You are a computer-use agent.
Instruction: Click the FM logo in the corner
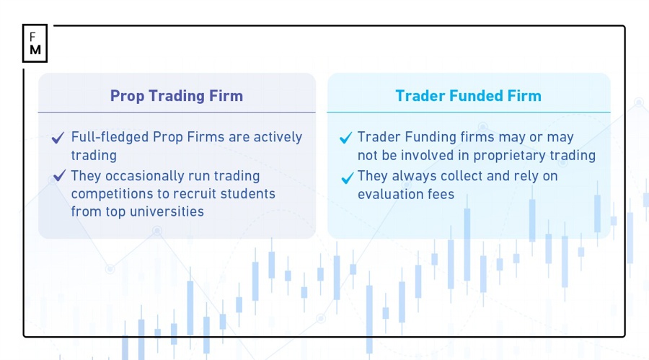[x=35, y=43]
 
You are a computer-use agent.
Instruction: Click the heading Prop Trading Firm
[x=176, y=96]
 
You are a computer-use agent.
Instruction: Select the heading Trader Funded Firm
[x=468, y=96]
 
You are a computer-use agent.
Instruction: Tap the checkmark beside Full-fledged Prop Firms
[x=58, y=138]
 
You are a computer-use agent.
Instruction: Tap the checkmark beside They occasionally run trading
[x=58, y=177]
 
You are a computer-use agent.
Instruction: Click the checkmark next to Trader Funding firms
[x=346, y=138]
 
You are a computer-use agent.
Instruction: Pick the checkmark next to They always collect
[x=347, y=177]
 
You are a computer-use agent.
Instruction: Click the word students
[x=251, y=194]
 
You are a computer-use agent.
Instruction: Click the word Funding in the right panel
[x=434, y=137]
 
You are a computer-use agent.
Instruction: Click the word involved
[x=446, y=155]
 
